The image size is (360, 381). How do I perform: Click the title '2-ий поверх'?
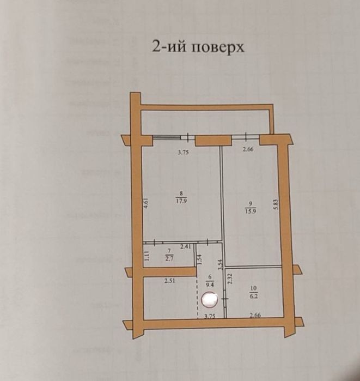pyautogui.click(x=198, y=47)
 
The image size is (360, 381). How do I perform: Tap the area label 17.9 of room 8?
pyautogui.click(x=181, y=200)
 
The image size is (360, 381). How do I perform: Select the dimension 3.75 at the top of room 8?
pyautogui.click(x=184, y=153)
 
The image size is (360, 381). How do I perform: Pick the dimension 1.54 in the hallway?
pyautogui.click(x=200, y=260)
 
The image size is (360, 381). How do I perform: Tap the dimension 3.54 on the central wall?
pyautogui.click(x=220, y=265)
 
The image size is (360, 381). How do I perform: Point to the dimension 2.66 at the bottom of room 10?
pyautogui.click(x=255, y=315)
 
